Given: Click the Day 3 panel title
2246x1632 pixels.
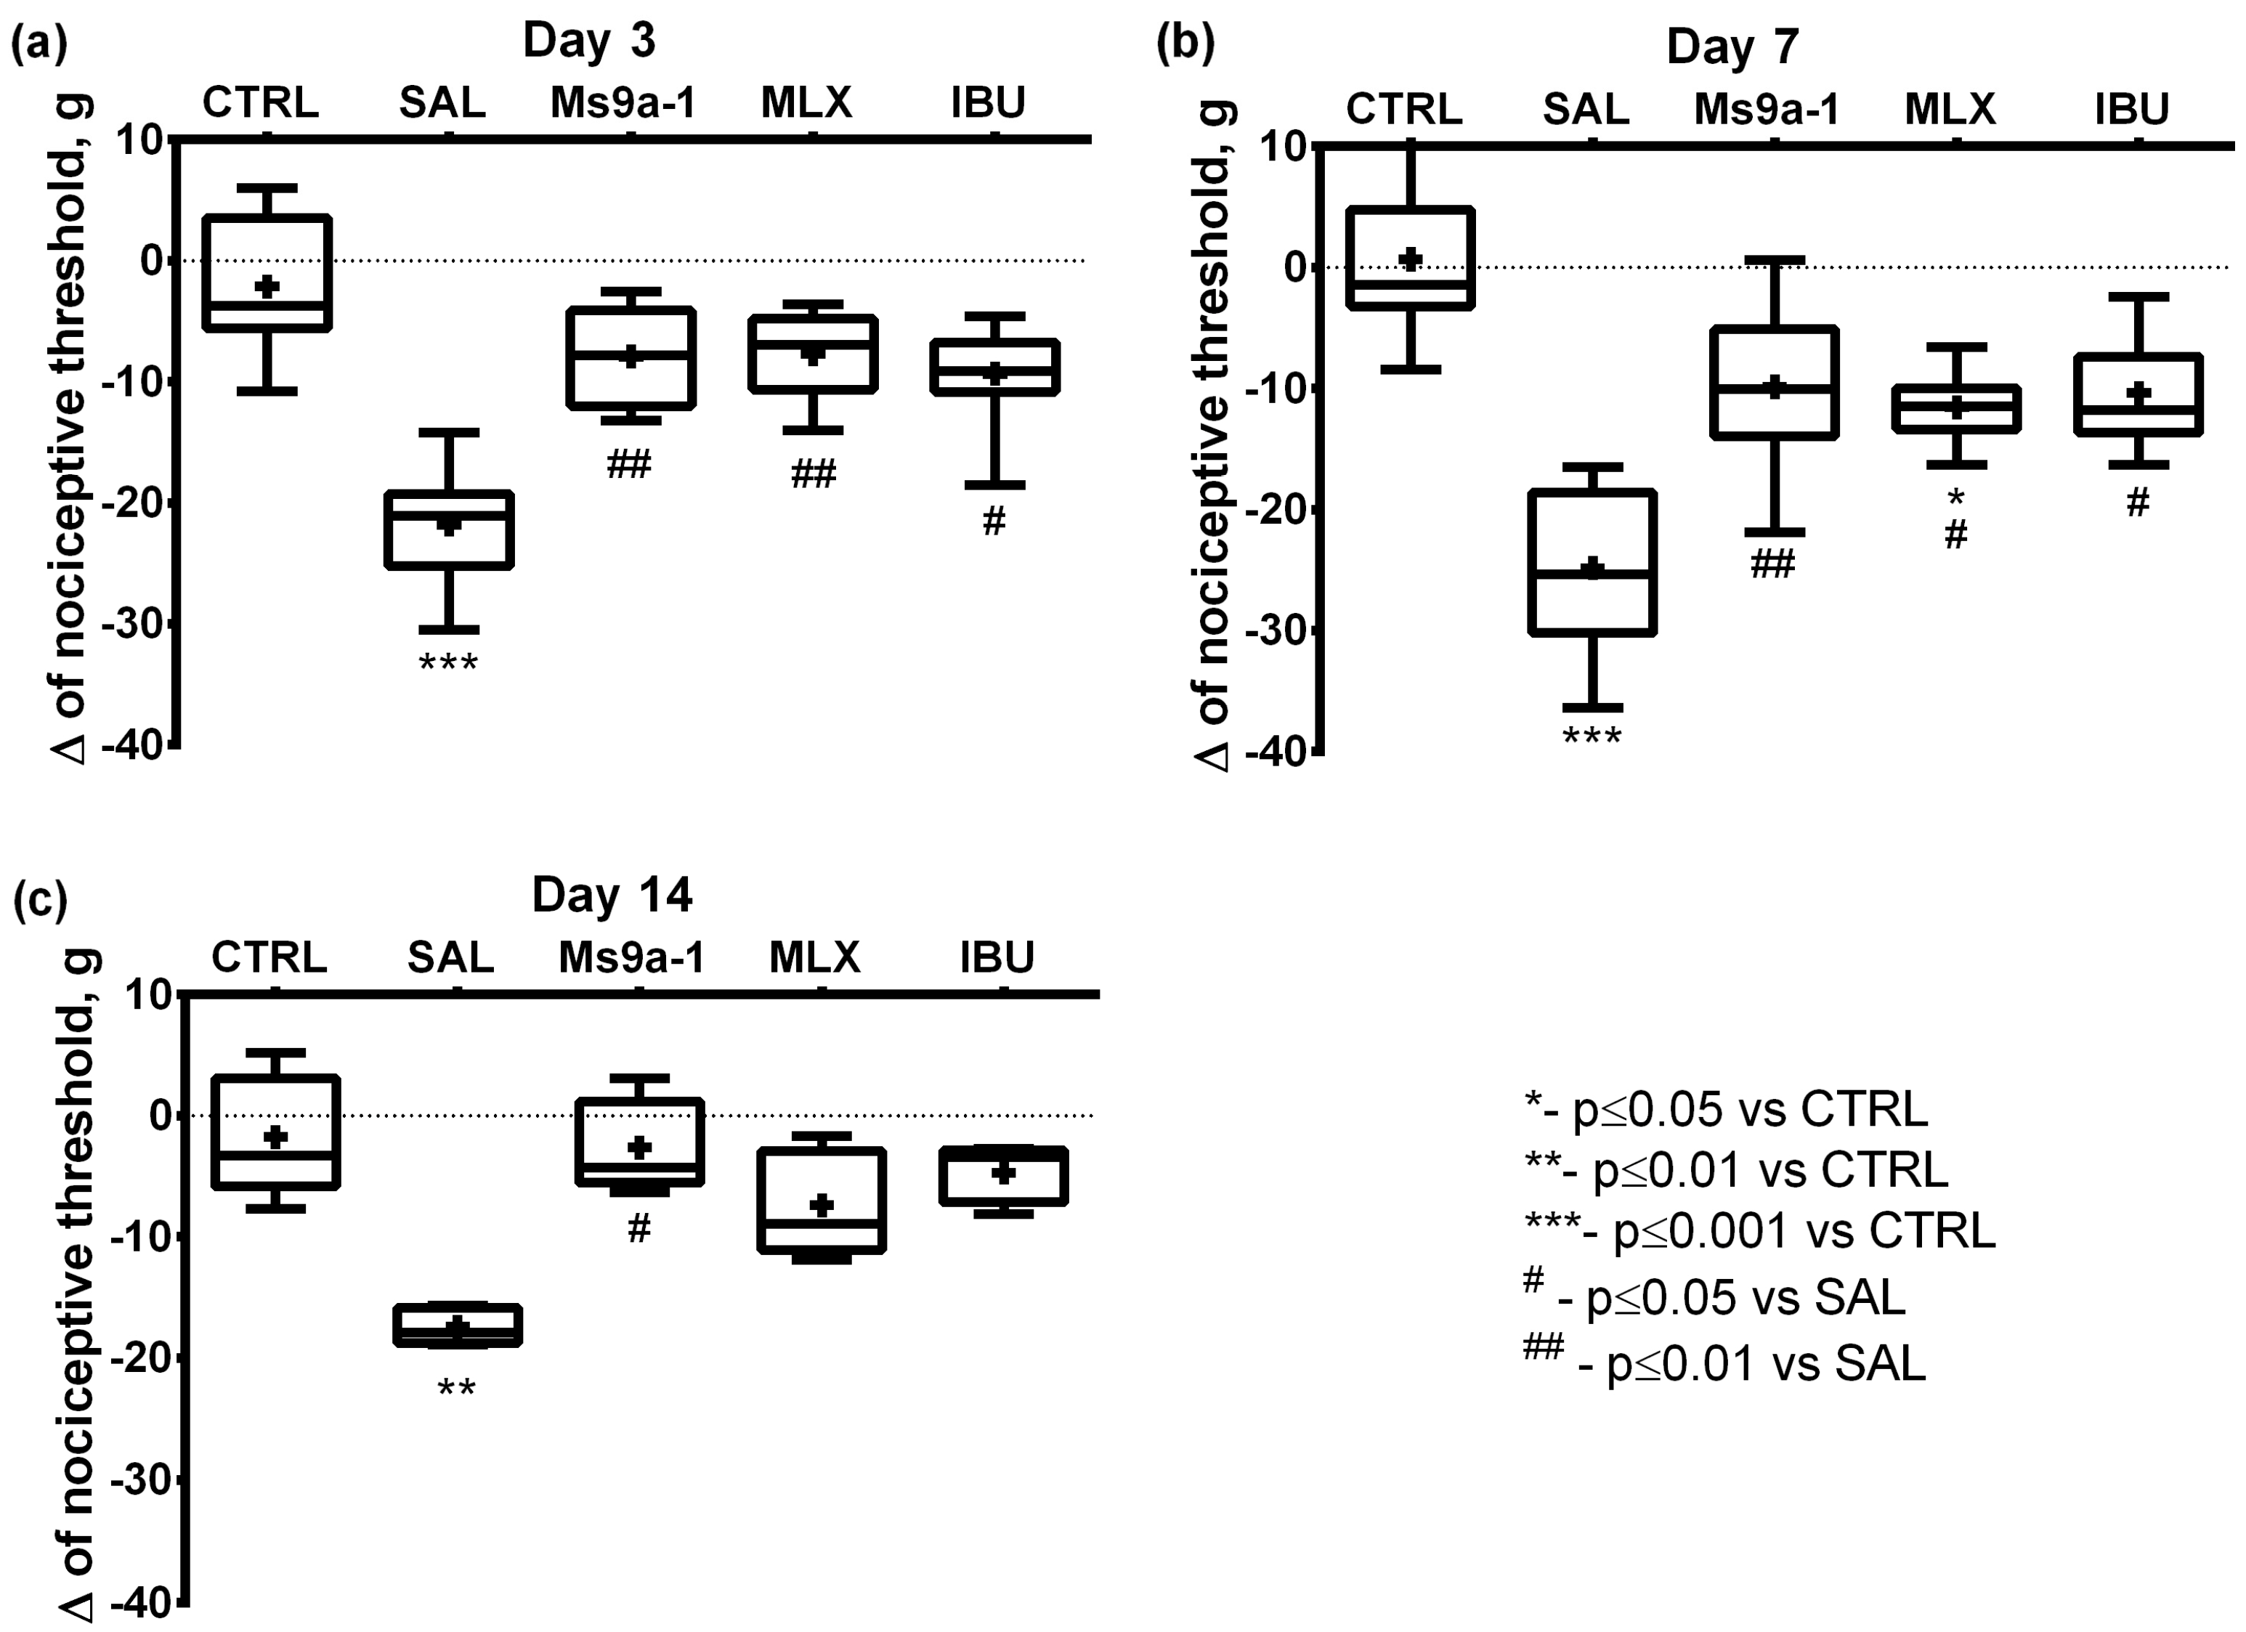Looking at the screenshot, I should pos(588,41).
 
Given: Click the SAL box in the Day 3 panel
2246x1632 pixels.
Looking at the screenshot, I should pos(449,529).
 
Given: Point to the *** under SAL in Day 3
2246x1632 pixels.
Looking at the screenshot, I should pos(449,662).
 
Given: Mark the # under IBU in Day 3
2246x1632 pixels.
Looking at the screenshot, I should pos(994,521).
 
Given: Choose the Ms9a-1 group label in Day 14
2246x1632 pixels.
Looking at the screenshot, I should pos(632,957).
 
